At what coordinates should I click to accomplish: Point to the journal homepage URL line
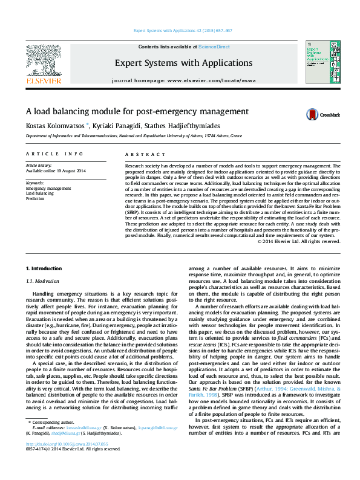pyautogui.click(x=183, y=80)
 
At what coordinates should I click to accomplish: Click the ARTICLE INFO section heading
pyautogui.click(x=54, y=155)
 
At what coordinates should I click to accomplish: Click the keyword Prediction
pyautogui.click(x=35, y=198)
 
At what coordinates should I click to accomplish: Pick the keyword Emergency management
pyautogui.click(x=48, y=188)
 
